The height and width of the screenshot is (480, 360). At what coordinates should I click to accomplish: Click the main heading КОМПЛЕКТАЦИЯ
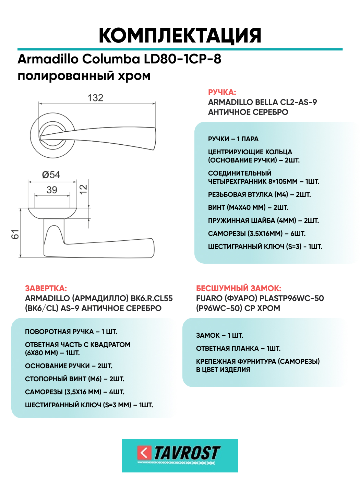click(x=180, y=35)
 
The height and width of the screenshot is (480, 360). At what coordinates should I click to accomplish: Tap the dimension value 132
click(x=95, y=98)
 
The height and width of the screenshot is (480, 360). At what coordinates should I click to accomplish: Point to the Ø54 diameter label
click(x=51, y=175)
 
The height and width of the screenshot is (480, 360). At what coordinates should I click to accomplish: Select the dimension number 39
click(x=52, y=190)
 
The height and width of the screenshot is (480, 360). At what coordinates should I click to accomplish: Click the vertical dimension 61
click(x=15, y=235)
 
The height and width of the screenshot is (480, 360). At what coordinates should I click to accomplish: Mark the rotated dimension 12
click(x=83, y=189)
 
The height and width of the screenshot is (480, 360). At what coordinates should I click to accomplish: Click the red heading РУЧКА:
click(x=222, y=92)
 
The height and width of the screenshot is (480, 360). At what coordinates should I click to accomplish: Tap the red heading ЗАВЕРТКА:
click(x=46, y=288)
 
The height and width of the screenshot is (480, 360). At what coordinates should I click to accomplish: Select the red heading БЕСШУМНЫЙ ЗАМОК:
click(x=238, y=288)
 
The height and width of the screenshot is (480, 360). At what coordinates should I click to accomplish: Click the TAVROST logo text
click(x=187, y=453)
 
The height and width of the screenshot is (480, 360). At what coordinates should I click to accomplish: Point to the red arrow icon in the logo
click(x=144, y=453)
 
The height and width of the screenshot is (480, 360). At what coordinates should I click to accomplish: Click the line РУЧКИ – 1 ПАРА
click(x=233, y=139)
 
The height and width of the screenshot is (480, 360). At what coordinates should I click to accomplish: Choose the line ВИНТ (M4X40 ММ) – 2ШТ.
click(x=248, y=207)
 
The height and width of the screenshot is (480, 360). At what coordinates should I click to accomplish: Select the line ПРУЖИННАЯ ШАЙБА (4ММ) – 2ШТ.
click(x=263, y=220)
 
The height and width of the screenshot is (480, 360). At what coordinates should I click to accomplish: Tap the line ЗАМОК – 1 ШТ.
click(x=219, y=335)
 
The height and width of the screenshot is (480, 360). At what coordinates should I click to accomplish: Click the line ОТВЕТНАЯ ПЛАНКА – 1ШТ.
click(x=238, y=348)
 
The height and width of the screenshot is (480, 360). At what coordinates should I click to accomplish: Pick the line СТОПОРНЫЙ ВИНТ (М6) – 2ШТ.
click(x=74, y=379)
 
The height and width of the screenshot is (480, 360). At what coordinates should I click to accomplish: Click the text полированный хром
click(x=84, y=76)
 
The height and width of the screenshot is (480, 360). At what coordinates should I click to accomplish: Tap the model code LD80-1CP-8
click(x=182, y=59)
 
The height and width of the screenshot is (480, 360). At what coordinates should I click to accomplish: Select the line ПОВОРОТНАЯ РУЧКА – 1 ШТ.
click(x=71, y=332)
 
